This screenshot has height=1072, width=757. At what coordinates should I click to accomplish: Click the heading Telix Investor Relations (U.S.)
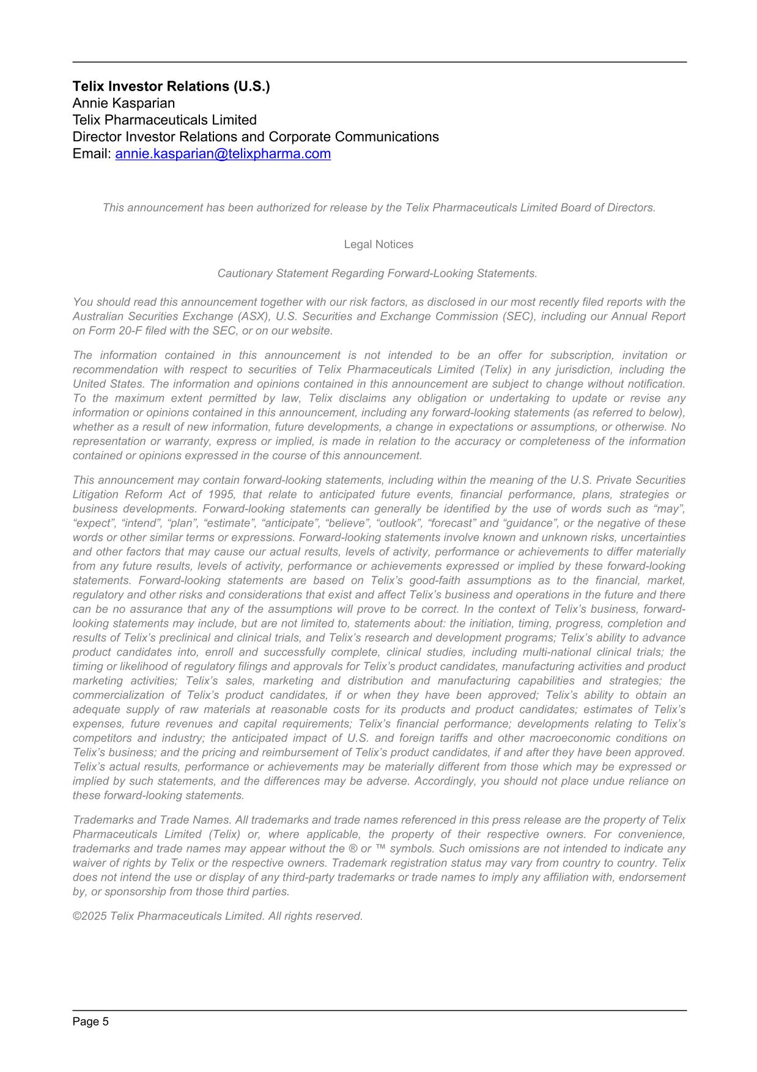(x=171, y=86)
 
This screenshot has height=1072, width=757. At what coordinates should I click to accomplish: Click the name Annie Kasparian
(x=124, y=103)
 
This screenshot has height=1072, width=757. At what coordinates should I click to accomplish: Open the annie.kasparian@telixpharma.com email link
(x=223, y=154)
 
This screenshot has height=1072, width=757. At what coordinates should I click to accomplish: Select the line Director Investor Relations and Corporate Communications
(x=256, y=137)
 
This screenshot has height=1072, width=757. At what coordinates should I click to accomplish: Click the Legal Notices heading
(x=378, y=245)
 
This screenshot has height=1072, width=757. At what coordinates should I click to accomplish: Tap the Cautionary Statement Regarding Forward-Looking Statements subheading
(x=377, y=273)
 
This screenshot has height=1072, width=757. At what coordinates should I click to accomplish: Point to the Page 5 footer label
(x=90, y=1022)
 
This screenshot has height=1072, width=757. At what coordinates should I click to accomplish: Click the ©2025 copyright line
(x=218, y=916)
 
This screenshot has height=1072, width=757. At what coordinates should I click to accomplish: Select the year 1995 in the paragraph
(x=221, y=495)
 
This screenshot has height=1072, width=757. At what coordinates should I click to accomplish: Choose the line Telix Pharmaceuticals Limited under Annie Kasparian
(x=164, y=120)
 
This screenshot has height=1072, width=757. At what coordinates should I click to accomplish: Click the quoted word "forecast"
(x=452, y=523)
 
